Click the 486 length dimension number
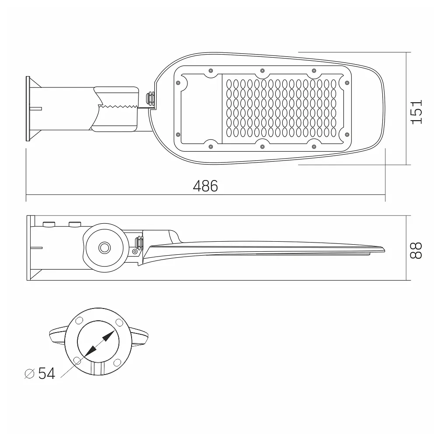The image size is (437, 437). click(205, 186)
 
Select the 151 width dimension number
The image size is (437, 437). click(416, 111)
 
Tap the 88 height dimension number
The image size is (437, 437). click(416, 250)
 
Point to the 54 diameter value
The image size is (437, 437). click(47, 373)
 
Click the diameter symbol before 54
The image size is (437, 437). click(30, 374)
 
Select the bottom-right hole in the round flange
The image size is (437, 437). click(118, 363)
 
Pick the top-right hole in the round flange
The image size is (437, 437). click(119, 323)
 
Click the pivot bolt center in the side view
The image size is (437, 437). click(105, 247)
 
